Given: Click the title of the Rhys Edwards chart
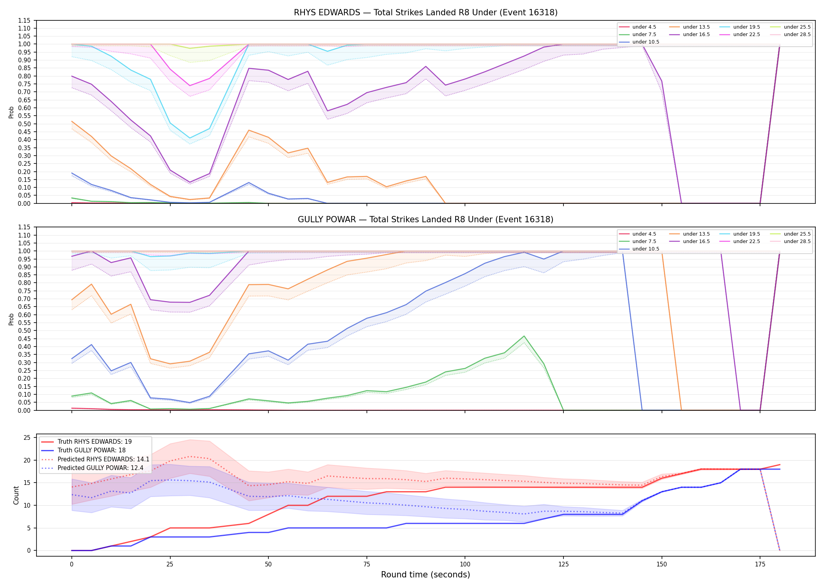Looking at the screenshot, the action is [x=426, y=13].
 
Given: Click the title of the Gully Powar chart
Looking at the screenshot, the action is [x=426, y=220].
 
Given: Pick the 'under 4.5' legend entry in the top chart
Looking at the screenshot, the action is [x=638, y=27].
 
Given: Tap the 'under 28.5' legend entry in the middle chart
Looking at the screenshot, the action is [x=791, y=241].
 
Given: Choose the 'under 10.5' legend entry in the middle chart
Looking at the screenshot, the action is [x=639, y=249].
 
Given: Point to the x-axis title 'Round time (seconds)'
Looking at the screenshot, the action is [x=426, y=575].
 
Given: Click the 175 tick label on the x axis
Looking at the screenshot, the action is [x=760, y=564].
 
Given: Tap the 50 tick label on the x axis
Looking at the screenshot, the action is [x=268, y=564].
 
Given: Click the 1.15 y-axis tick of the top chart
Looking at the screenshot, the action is [x=24, y=20].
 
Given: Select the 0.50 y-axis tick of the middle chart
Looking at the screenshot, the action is [x=24, y=330].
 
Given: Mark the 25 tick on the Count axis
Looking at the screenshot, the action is [x=27, y=438].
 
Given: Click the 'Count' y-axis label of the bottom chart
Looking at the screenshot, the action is [x=16, y=495].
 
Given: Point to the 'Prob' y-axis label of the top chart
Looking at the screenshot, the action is [x=11, y=112].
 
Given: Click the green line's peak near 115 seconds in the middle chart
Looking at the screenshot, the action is [x=524, y=336].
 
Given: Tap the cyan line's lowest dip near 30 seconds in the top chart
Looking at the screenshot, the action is [x=190, y=138].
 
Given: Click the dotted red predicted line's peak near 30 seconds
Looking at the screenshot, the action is [x=190, y=456].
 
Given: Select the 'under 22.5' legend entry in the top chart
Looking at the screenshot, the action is [x=740, y=34].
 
